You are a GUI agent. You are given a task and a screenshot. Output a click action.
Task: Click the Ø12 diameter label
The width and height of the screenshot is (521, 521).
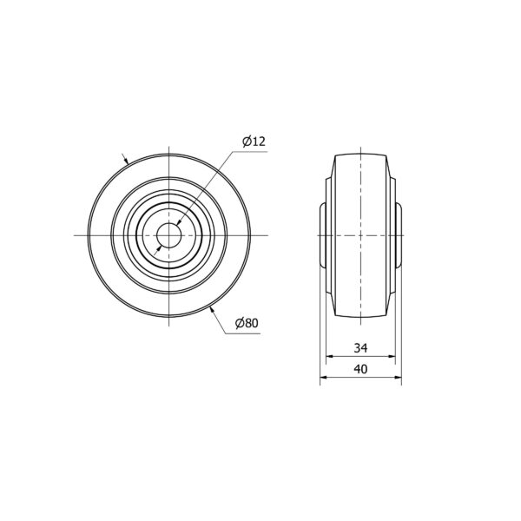254,142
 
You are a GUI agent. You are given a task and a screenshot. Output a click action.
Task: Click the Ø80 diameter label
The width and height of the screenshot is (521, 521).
247,323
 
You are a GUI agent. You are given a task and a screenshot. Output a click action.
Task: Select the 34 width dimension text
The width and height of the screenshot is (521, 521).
360,348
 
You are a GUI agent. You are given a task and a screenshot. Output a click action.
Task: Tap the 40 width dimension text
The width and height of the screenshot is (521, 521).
360,369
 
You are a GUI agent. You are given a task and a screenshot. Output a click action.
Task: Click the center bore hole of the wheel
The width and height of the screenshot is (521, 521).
168,235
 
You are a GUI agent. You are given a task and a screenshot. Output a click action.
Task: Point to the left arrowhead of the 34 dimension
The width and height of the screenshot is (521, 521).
329,357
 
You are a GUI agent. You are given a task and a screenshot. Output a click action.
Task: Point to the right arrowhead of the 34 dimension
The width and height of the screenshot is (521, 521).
392,357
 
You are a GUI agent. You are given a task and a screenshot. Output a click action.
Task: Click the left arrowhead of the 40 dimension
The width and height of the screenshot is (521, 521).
324,378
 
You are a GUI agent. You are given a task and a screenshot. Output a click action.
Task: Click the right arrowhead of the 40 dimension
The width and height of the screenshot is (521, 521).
398,378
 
